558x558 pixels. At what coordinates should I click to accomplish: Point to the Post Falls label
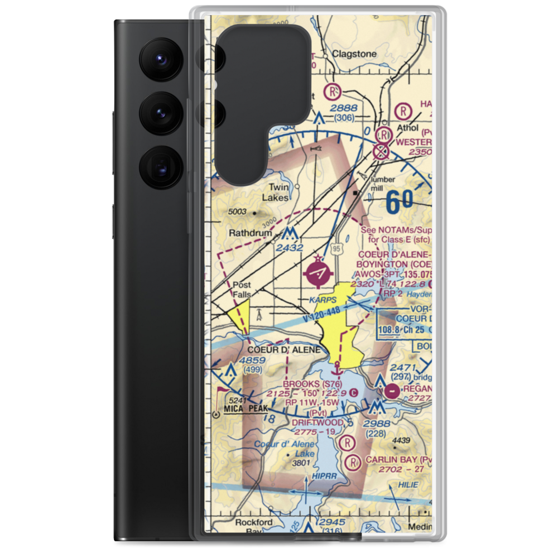(x=242, y=289)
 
